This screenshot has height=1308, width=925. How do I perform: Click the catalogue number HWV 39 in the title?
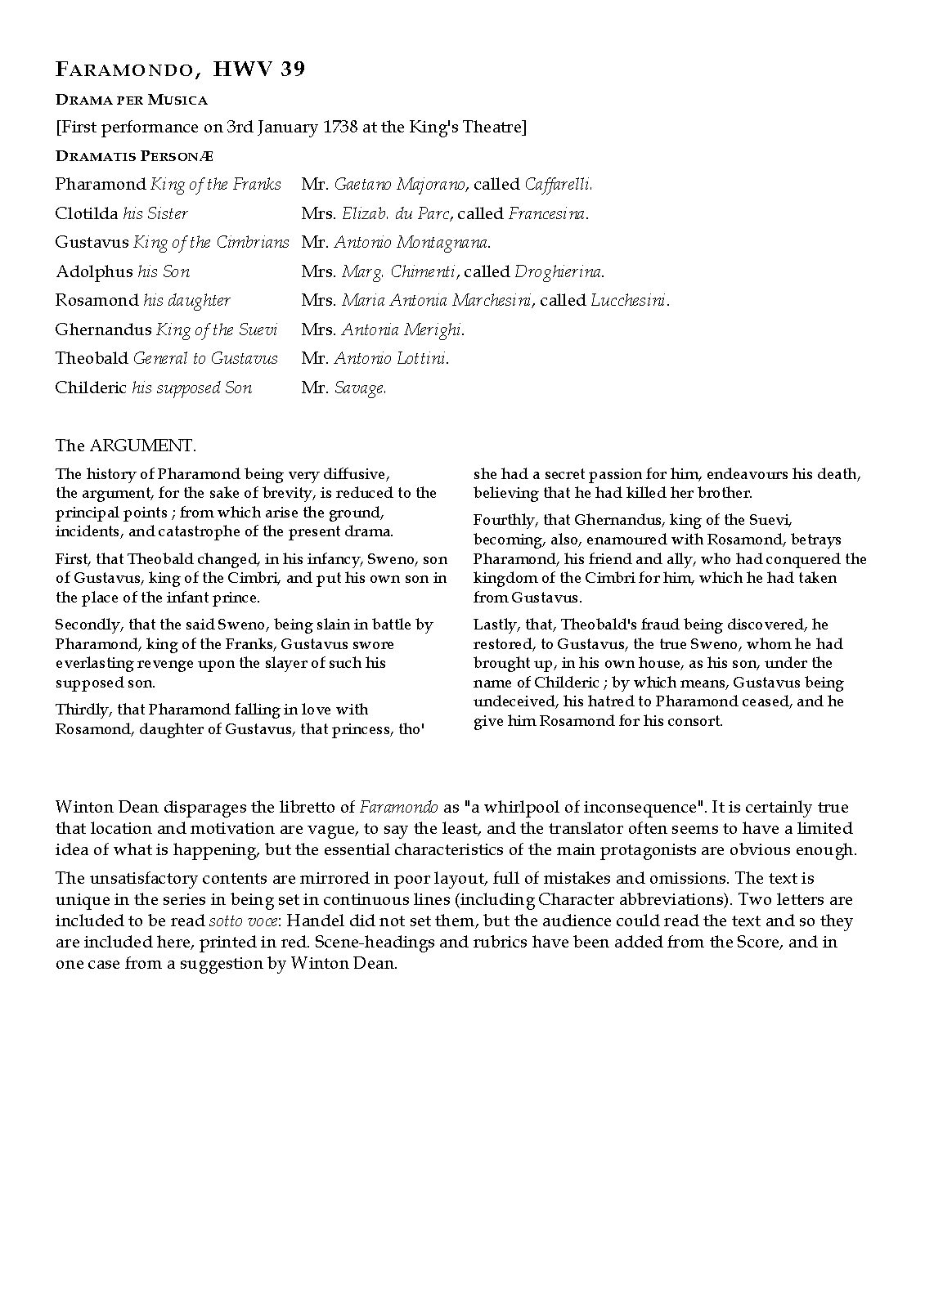point(258,70)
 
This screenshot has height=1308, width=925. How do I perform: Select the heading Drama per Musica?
point(131,100)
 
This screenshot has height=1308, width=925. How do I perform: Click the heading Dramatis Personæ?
point(134,155)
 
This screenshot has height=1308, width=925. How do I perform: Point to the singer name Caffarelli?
point(558,185)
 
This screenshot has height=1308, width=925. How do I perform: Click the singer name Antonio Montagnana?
point(412,243)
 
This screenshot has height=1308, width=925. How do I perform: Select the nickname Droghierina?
point(559,271)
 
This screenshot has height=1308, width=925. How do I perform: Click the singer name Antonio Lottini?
point(391,359)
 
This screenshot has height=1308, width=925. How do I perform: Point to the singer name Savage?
point(360,388)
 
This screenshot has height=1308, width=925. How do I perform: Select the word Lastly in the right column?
point(495,625)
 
